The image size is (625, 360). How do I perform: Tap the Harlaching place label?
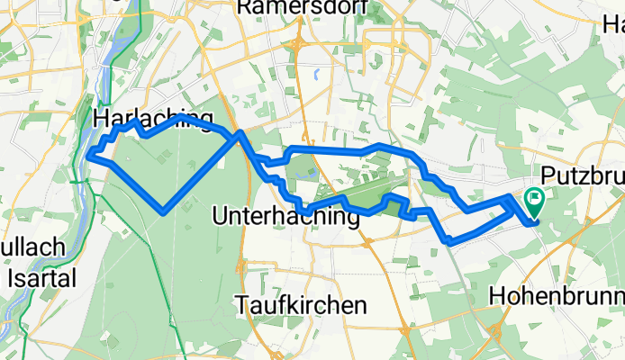(152, 118)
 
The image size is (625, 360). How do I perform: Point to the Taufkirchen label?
(303, 305)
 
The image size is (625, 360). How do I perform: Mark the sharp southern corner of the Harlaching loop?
(163, 212)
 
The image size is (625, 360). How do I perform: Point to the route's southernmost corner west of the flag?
(448, 240)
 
